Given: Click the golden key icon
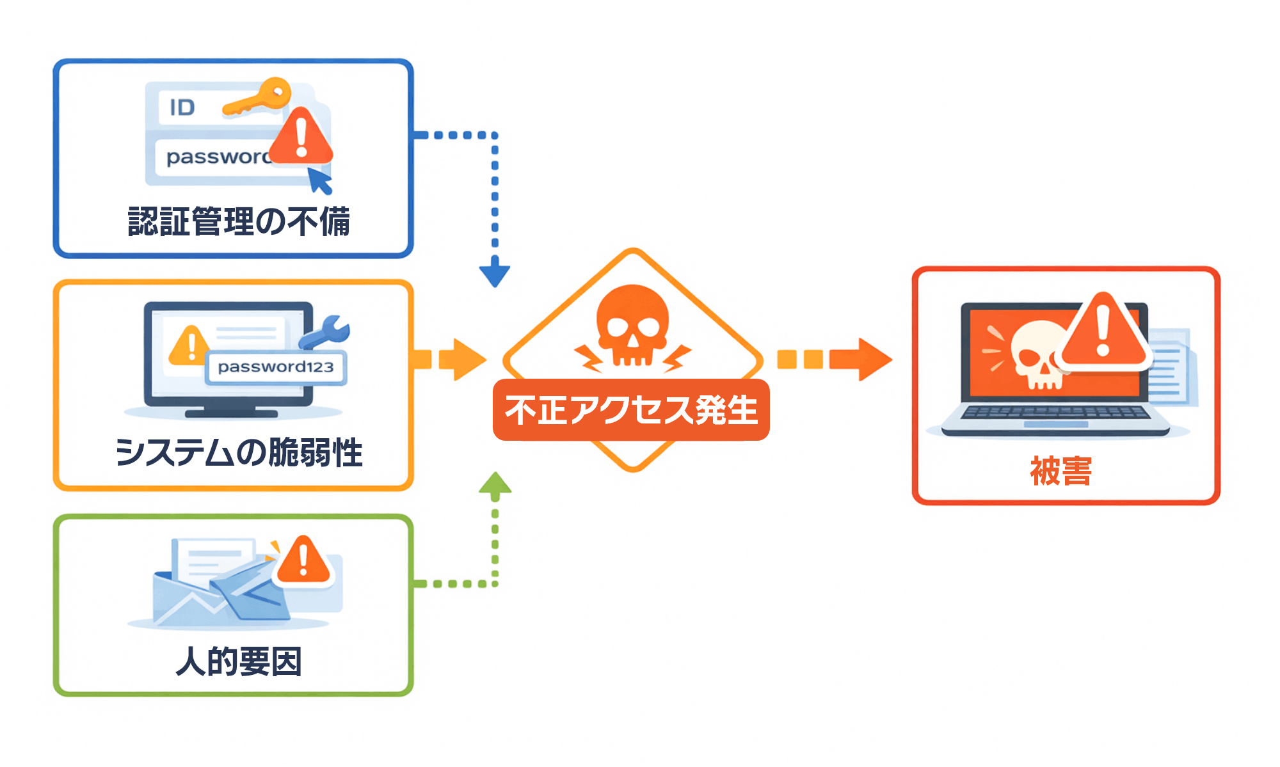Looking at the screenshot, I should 259,99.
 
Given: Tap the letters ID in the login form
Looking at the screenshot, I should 182,107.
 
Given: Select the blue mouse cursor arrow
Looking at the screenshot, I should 320,180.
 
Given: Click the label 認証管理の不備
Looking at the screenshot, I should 239,222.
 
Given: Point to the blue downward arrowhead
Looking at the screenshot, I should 495,274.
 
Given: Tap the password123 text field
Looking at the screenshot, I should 276,367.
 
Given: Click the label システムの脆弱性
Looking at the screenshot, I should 239,452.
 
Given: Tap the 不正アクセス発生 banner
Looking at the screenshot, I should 631,410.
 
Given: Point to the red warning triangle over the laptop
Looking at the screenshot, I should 1103,333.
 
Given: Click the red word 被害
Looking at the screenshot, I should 1061,471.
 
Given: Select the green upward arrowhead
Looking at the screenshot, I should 495,484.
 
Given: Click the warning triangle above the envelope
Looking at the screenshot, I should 303,561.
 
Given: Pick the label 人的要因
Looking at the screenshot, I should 239,661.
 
